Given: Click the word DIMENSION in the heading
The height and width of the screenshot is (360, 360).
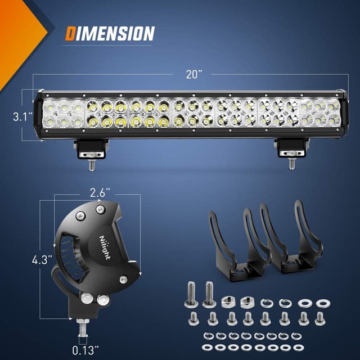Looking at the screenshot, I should [109, 33].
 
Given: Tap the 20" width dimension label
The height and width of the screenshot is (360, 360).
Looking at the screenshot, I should [192, 74].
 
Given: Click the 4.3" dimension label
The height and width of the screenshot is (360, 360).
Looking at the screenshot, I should [42, 260].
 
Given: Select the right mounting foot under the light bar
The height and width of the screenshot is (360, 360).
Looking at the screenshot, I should [291, 148].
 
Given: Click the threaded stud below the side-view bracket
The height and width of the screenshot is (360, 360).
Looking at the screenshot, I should [83, 326].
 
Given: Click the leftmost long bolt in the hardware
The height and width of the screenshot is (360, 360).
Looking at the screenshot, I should [190, 295].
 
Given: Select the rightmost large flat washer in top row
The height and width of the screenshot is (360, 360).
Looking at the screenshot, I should [322, 303].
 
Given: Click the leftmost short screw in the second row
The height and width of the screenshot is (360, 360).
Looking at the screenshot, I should [192, 319].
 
